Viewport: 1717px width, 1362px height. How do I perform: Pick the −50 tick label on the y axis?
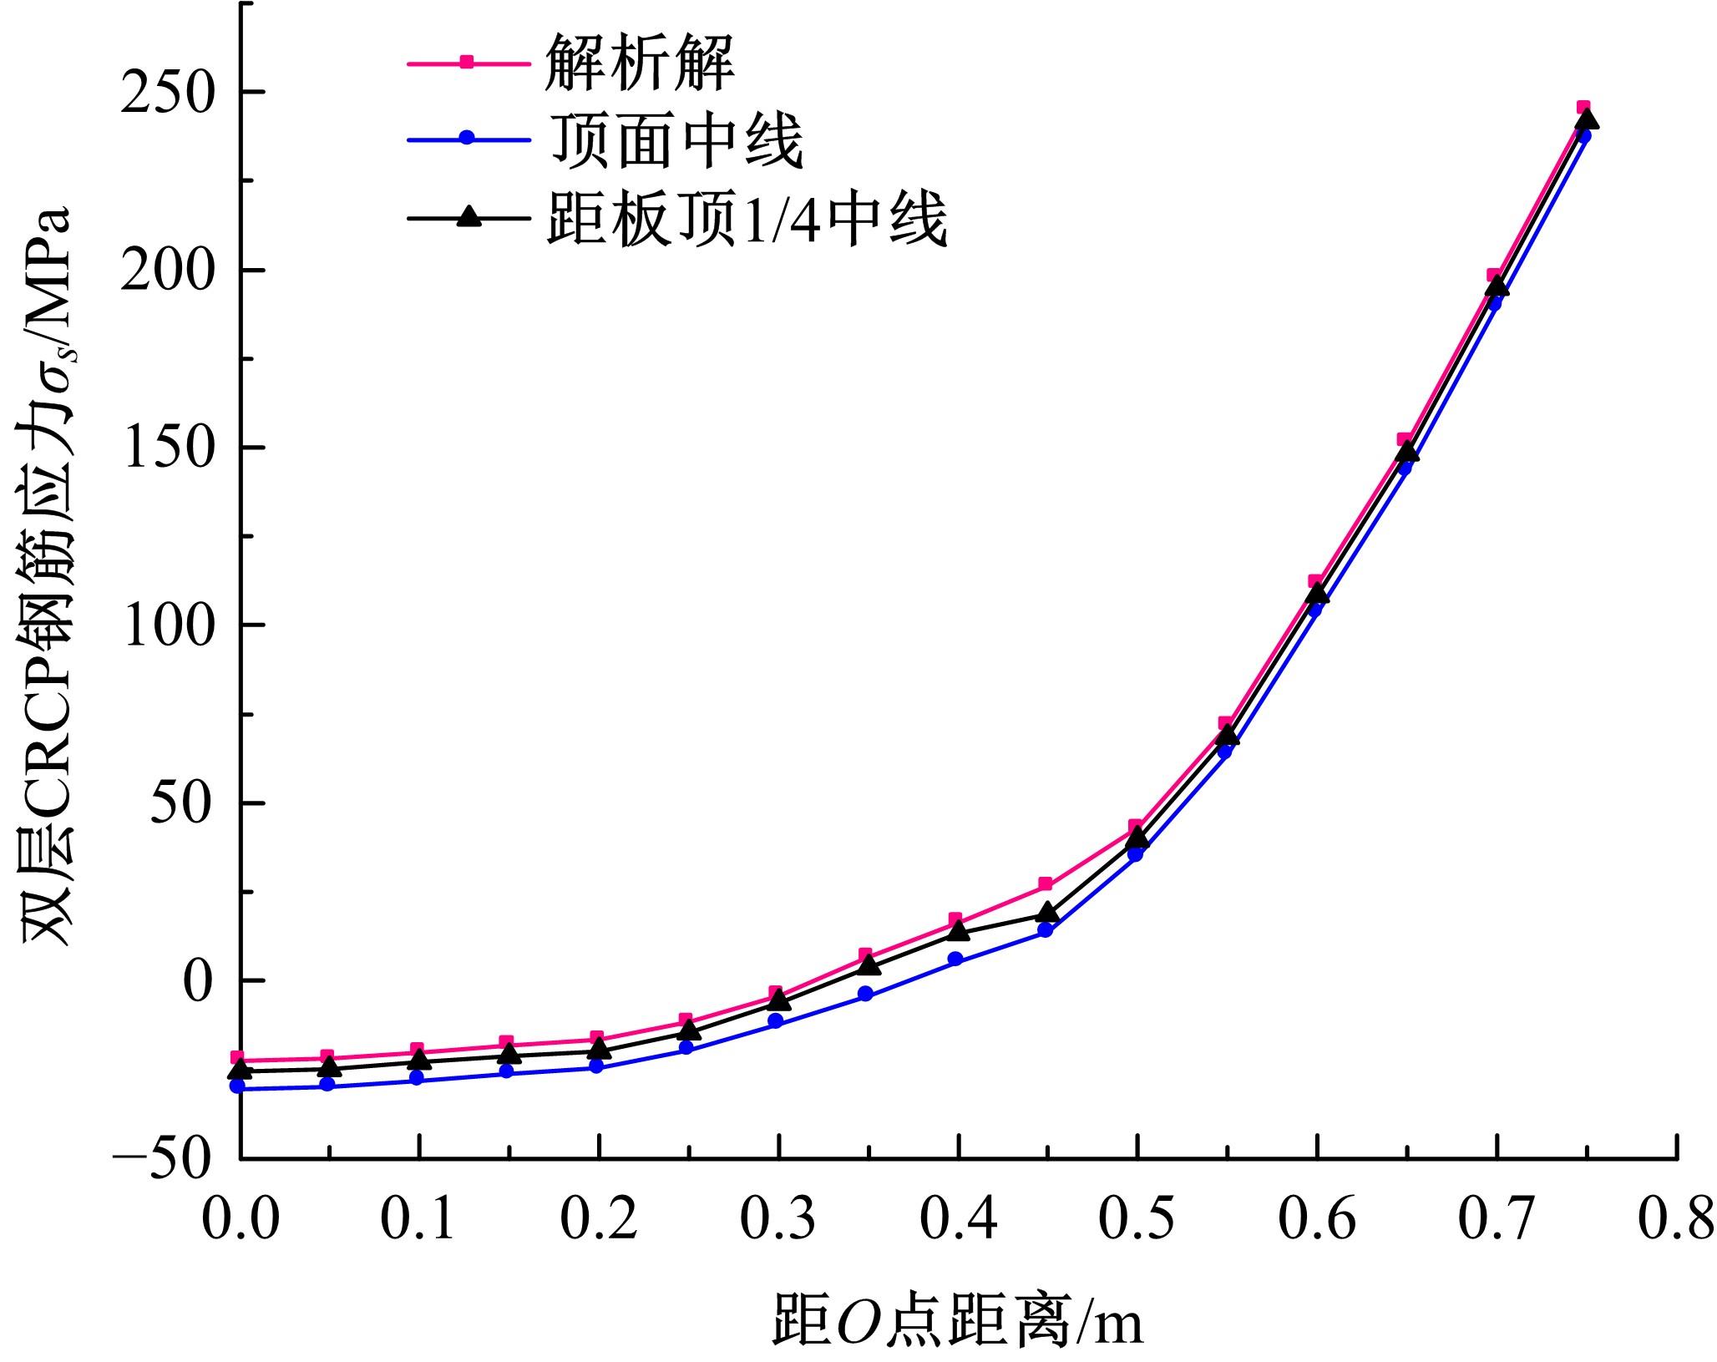[x=159, y=1158]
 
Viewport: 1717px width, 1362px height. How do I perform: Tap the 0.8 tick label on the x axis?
[x=1674, y=1220]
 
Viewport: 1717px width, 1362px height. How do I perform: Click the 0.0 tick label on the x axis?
[x=240, y=1220]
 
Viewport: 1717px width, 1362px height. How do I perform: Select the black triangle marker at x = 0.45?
[x=1046, y=913]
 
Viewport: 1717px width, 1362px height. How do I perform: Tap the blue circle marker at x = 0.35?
[x=866, y=994]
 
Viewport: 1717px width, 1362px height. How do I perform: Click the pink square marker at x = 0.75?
[x=1583, y=108]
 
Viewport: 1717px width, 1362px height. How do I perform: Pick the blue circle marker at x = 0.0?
[x=238, y=1086]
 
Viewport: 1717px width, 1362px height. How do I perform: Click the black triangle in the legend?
[x=469, y=217]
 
